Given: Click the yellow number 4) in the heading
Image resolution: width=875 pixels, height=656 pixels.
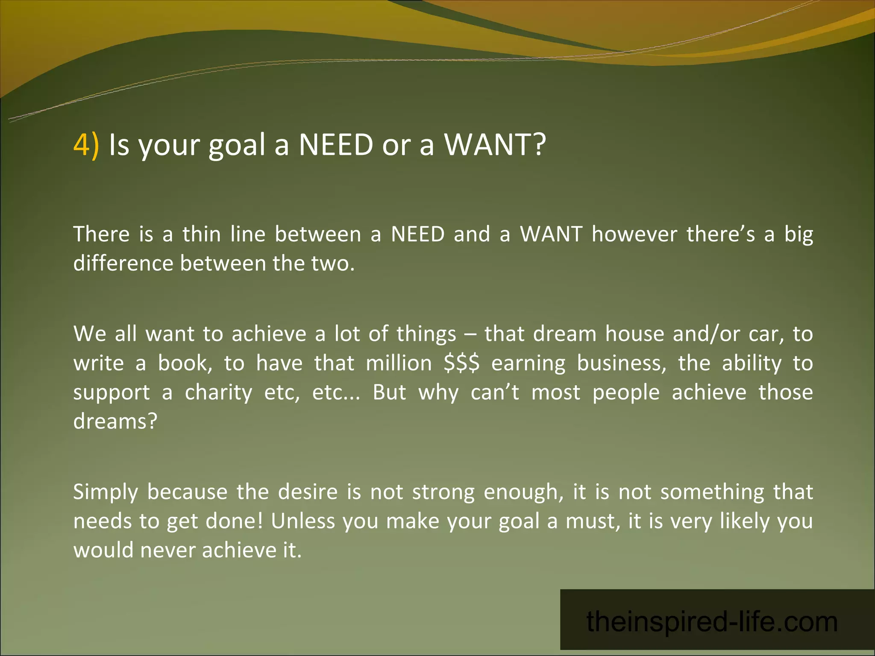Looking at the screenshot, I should [86, 144].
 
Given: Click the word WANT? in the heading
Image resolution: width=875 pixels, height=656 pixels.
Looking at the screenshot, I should [495, 144].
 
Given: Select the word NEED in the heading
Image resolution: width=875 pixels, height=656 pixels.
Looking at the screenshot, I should [336, 144].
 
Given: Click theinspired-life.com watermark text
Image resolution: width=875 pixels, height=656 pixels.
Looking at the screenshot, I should [712, 621].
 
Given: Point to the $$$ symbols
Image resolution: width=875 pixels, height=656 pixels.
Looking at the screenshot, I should [461, 363].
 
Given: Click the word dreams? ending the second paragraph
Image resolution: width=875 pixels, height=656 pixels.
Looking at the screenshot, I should [115, 422].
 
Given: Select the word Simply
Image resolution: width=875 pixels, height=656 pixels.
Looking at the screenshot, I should [106, 492].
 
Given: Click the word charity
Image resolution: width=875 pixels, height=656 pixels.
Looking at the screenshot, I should [218, 393].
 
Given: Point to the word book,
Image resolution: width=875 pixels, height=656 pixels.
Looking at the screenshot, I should [185, 363].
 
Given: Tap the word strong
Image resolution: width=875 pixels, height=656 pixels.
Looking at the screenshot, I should [443, 492].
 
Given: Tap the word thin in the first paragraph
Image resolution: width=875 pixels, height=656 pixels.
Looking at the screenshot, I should [202, 234].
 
